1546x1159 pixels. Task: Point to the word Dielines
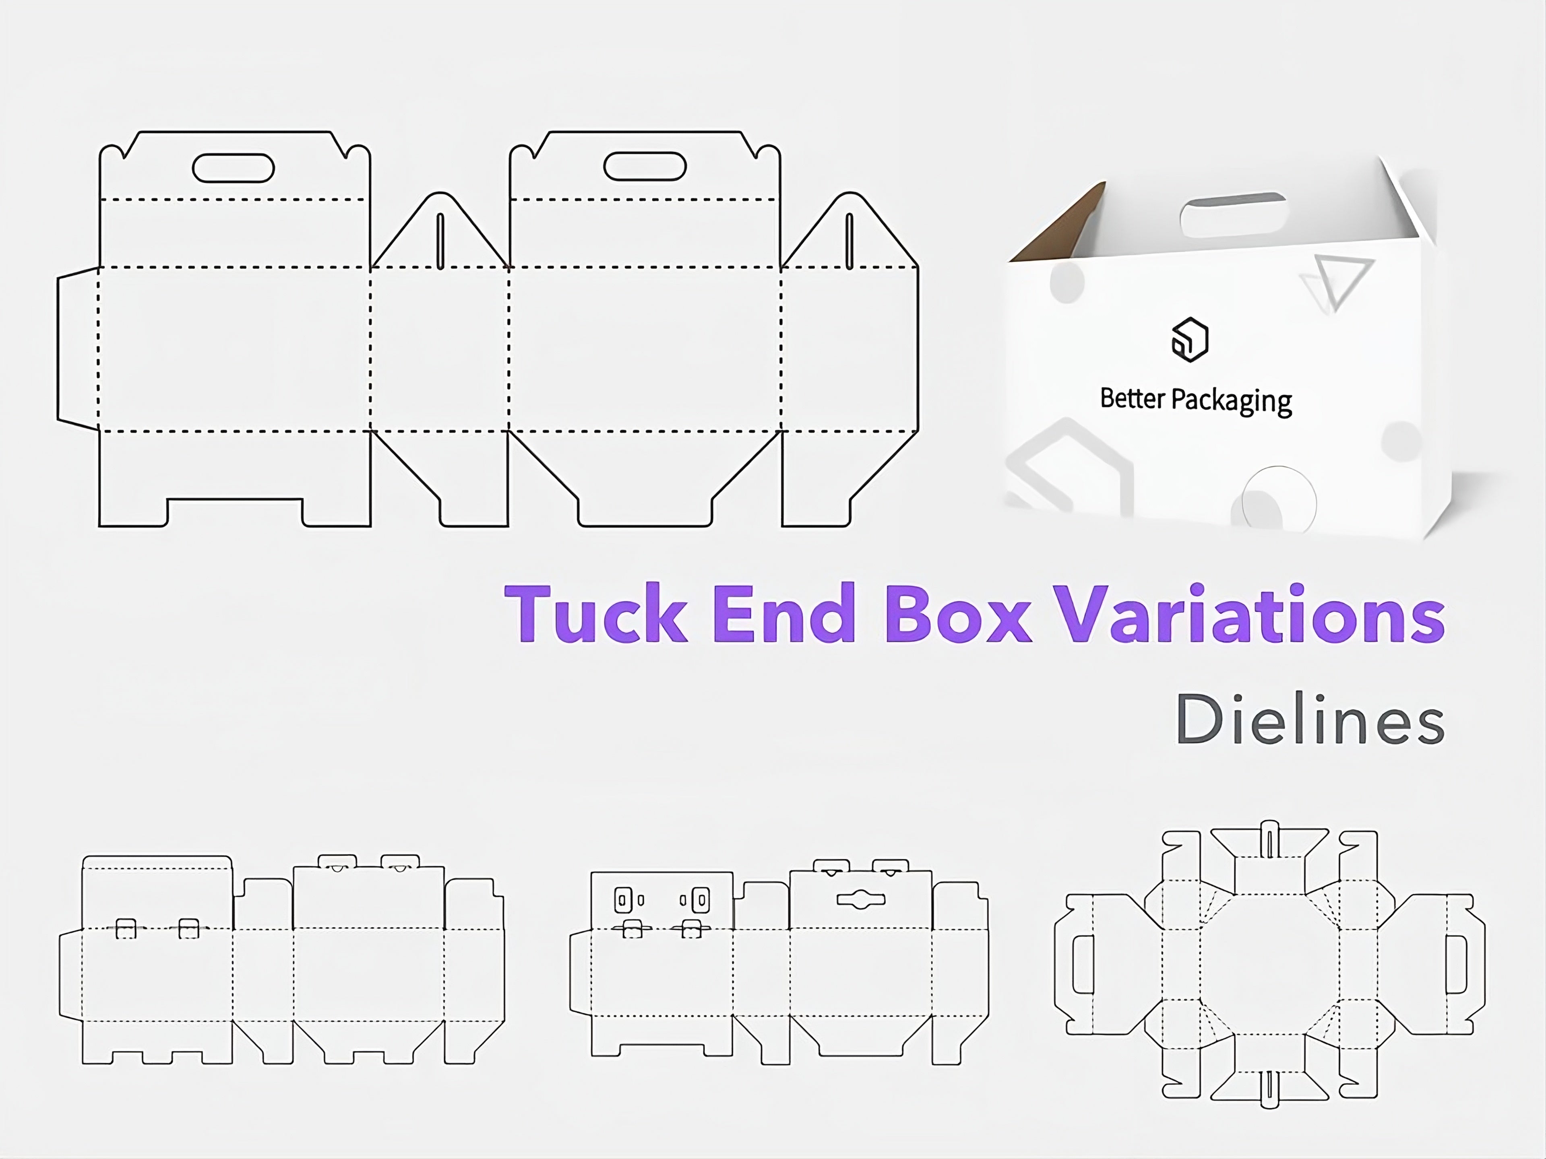pyautogui.click(x=1310, y=720)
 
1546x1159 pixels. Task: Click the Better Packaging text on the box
pyautogui.click(x=1195, y=400)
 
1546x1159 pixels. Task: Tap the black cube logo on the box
pyautogui.click(x=1190, y=340)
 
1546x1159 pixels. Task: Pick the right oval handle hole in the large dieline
pyautogui.click(x=645, y=166)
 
